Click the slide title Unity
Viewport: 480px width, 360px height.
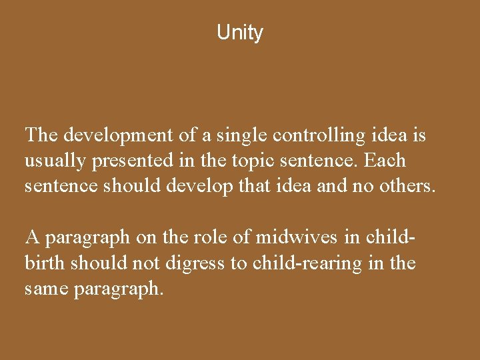[x=240, y=33]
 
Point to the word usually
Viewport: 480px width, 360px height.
[x=52, y=161]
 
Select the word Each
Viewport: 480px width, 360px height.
[x=385, y=161]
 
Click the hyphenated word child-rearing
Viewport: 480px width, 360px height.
[x=309, y=263]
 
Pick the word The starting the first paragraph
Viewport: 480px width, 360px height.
[x=41, y=136]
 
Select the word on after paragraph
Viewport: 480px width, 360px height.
[x=142, y=237]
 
